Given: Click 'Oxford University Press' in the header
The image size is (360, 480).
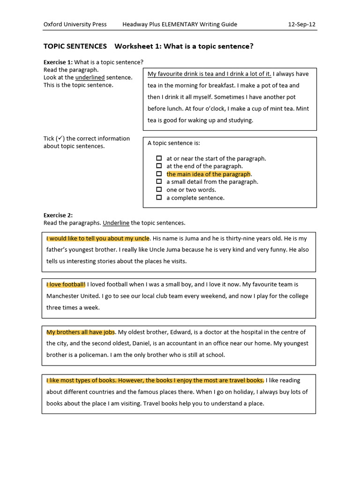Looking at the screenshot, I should (x=75, y=24).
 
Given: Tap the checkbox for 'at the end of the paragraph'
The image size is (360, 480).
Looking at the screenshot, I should (x=159, y=166).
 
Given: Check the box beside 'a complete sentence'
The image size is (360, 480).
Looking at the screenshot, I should (x=159, y=198).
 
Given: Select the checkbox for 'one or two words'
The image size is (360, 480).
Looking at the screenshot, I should (x=159, y=190).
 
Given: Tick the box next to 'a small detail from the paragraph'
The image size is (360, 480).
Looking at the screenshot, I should (x=159, y=182).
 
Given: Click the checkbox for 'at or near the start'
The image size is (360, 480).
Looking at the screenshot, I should (x=159, y=158).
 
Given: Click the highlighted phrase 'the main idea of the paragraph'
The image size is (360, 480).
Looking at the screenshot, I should (x=209, y=174).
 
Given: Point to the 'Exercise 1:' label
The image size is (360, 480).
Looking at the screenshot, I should (x=58, y=62).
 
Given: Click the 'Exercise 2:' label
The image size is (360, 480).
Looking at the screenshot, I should (x=58, y=215).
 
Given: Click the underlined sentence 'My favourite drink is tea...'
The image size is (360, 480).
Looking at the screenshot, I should (x=209, y=74).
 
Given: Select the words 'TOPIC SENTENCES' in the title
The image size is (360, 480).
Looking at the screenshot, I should (x=75, y=46).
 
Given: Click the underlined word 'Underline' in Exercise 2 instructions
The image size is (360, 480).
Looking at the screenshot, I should (x=116, y=223).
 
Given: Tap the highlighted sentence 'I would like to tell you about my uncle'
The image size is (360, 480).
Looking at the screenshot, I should (x=98, y=238).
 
